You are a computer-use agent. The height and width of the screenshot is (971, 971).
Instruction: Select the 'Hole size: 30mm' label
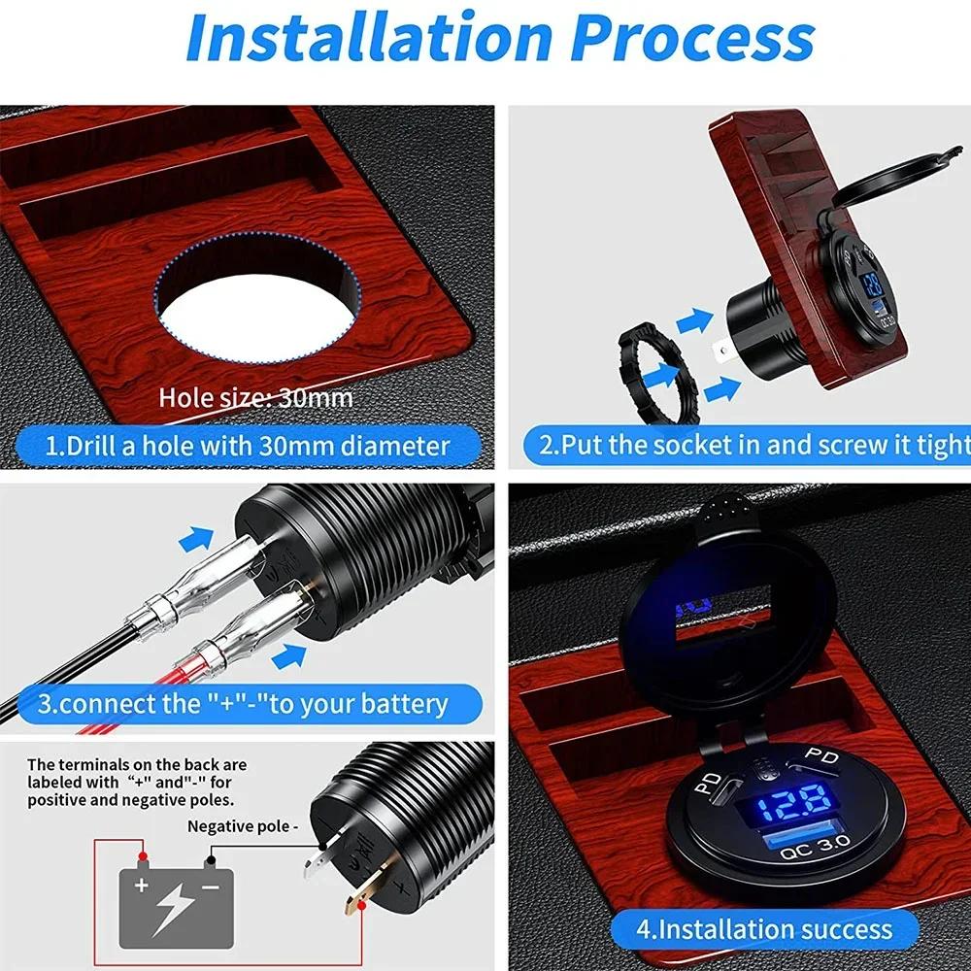[x=255, y=397]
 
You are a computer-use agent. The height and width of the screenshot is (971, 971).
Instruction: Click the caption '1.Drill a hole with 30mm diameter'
[x=249, y=446]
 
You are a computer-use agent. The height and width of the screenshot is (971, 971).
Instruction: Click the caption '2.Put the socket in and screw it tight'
[x=753, y=446]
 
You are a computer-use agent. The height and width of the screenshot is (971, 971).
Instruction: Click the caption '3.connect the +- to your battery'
[x=243, y=703]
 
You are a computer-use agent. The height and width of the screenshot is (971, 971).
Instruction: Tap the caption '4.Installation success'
[x=763, y=928]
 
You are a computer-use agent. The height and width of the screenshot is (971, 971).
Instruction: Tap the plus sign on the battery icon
[x=142, y=886]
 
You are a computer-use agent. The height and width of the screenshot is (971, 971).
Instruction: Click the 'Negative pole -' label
[x=241, y=826]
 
